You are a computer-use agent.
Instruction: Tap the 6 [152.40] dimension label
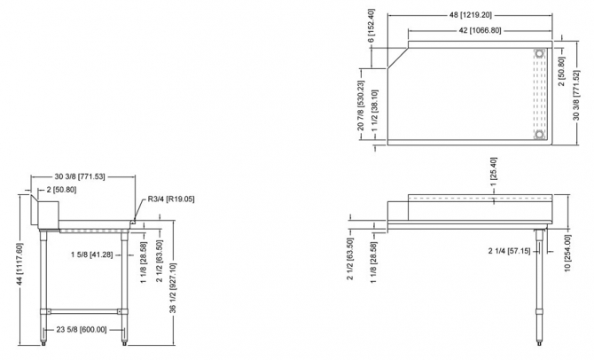coord(371,27)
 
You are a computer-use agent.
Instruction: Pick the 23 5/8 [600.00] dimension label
coord(81,329)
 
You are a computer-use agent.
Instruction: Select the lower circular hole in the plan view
coord(539,135)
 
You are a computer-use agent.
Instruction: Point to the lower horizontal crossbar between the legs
coord(84,309)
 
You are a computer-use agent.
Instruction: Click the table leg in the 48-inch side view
coord(540,284)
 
